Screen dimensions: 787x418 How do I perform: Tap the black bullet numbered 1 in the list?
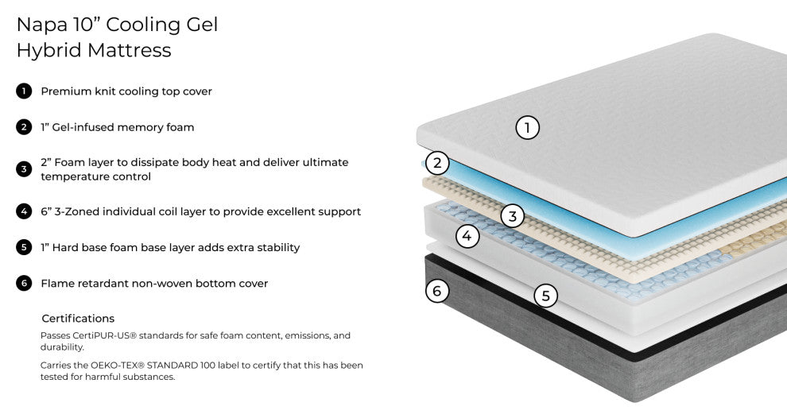click(24, 91)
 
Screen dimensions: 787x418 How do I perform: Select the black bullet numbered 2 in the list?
click(24, 127)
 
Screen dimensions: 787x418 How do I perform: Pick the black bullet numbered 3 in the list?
click(24, 169)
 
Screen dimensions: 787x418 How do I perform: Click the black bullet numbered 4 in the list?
click(24, 211)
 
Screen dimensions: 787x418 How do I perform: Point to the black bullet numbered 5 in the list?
click(24, 247)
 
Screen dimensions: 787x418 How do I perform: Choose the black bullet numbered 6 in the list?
click(24, 283)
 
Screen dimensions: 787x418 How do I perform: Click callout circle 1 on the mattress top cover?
click(528, 128)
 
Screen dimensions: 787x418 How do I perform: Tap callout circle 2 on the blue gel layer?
click(437, 163)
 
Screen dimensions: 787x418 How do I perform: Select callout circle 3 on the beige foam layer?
click(513, 216)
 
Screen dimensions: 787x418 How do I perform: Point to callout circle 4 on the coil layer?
click(467, 235)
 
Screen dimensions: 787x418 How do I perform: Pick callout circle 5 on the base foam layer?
click(545, 296)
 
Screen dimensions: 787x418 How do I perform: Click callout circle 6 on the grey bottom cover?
click(437, 291)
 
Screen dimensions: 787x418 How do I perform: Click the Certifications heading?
click(78, 319)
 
